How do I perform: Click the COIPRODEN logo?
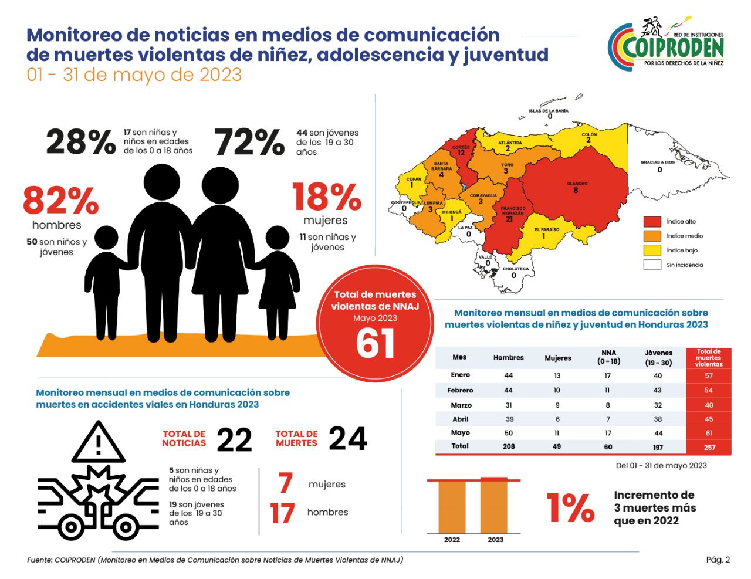coord(666,43)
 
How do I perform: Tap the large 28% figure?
coord(81,142)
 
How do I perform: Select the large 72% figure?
coord(249,142)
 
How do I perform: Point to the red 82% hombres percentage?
coord(60,200)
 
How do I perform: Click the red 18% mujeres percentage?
coord(327,197)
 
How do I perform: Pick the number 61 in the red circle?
coord(375,343)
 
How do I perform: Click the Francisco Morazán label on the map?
coord(513,211)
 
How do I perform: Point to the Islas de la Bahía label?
coord(548,111)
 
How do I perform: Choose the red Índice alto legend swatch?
coord(652,222)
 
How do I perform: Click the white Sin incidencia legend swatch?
coord(652,265)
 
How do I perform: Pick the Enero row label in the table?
coord(460,375)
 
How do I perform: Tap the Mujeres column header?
coord(557,358)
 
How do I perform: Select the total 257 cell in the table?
coord(709,447)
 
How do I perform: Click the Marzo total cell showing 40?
coord(709,405)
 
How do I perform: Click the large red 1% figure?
coord(570,507)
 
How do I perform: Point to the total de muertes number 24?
coord(347,439)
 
